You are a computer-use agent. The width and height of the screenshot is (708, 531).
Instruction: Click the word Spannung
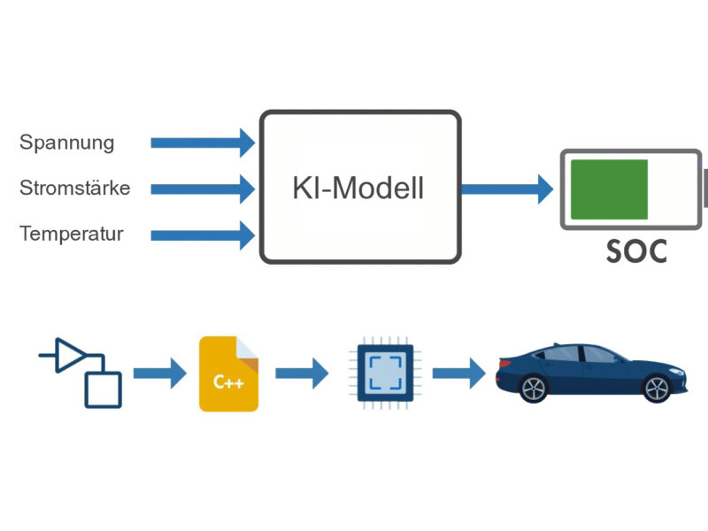pyautogui.click(x=67, y=142)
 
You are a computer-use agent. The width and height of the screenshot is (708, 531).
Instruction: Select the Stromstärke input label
pyautogui.click(x=75, y=188)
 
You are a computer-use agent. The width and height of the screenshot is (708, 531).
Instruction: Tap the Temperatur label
pyautogui.click(x=72, y=234)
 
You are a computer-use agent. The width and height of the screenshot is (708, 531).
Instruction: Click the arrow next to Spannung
pyautogui.click(x=203, y=142)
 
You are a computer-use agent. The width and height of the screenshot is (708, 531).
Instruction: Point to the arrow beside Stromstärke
pyautogui.click(x=203, y=188)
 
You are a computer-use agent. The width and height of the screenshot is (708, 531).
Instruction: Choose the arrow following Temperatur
pyautogui.click(x=203, y=235)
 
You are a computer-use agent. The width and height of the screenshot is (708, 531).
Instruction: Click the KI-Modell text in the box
pyautogui.click(x=358, y=188)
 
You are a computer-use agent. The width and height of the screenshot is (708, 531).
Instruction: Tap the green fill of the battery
pyautogui.click(x=609, y=189)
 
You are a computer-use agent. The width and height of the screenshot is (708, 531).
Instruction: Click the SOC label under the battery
pyautogui.click(x=637, y=251)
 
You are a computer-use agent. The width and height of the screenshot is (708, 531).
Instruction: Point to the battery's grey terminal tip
pyautogui.click(x=704, y=189)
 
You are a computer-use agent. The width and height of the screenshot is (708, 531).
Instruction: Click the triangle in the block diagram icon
pyautogui.click(x=71, y=355)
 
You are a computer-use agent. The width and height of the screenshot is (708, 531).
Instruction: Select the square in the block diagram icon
pyautogui.click(x=103, y=389)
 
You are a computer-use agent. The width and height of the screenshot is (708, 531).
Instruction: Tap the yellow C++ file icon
pyautogui.click(x=229, y=373)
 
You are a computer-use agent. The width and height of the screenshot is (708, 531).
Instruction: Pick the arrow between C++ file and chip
pyautogui.click(x=302, y=373)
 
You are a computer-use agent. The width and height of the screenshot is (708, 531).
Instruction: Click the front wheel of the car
pyautogui.click(x=656, y=387)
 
